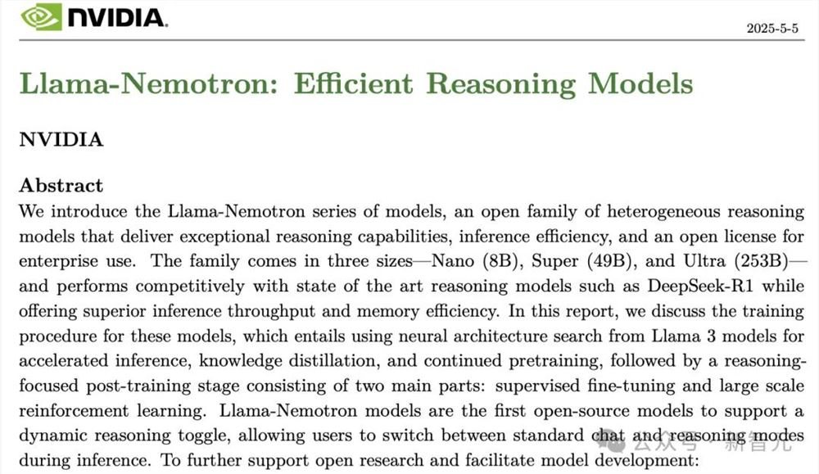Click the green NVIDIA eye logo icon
[41, 16]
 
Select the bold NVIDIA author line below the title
[61, 139]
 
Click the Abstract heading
[61, 185]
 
